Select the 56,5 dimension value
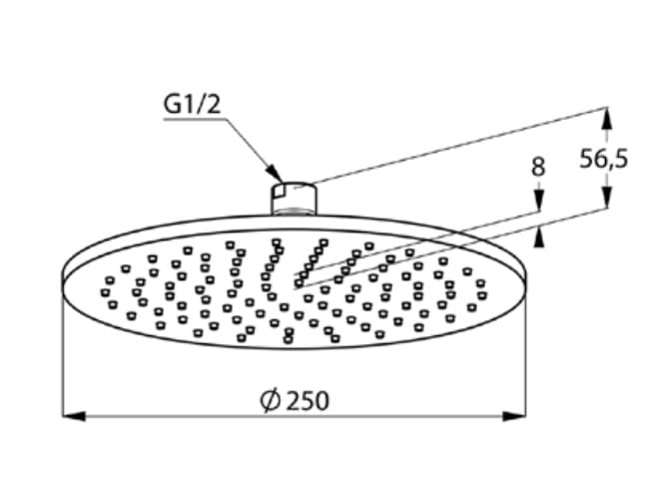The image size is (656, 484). coord(604,160)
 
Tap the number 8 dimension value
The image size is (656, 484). coord(538,167)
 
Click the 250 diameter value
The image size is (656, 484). coord(309,401)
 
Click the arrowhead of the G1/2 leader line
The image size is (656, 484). coord(275,174)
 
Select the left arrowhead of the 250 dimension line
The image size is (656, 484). coord(74,416)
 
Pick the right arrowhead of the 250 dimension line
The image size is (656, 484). coord(514,416)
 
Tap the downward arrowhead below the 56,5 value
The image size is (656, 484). coord(607,197)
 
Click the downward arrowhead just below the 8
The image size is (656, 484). coord(539,201)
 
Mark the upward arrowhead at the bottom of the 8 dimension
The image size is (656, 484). coord(539,238)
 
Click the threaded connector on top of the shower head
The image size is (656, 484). coord(295,199)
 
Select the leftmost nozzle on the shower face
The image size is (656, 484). coord(105,292)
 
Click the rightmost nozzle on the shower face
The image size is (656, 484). coord(482,295)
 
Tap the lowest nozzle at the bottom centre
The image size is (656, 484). coord(288,339)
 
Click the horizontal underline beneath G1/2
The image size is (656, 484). coord(195,120)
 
